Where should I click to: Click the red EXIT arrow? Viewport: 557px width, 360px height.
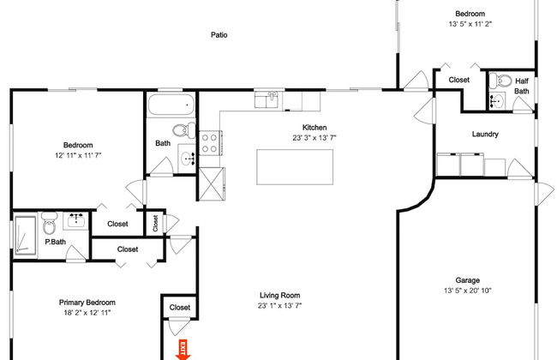coord(183,350)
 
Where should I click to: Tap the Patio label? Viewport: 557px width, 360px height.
coord(219,35)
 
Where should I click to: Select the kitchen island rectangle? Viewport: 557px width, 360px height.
coord(295,167)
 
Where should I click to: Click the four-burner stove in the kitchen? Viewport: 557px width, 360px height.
coord(211,143)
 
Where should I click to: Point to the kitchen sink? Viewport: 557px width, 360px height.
coord(267,99)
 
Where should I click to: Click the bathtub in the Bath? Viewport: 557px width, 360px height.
coord(171,105)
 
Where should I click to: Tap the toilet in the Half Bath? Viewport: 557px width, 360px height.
coord(500,81)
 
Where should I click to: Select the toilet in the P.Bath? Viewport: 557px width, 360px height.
coord(50,224)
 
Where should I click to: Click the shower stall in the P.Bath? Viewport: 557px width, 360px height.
coord(25,235)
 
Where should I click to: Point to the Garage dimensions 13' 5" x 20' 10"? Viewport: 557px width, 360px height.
coord(468,291)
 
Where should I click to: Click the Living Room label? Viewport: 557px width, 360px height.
coord(280,296)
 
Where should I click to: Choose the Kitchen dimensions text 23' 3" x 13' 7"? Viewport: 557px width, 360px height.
coord(314,138)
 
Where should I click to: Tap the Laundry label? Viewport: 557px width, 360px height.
coord(485,134)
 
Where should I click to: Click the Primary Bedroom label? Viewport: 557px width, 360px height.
coord(87,303)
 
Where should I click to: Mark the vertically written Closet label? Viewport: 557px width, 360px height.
coord(155,223)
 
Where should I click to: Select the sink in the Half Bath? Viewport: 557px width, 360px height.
coord(497,101)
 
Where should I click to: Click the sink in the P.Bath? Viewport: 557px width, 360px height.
coord(76,220)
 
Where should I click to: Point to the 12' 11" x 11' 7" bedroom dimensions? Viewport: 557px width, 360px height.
coord(78,155)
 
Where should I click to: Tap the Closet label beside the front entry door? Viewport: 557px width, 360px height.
coord(180,308)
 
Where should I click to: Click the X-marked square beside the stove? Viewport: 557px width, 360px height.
coord(212,183)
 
